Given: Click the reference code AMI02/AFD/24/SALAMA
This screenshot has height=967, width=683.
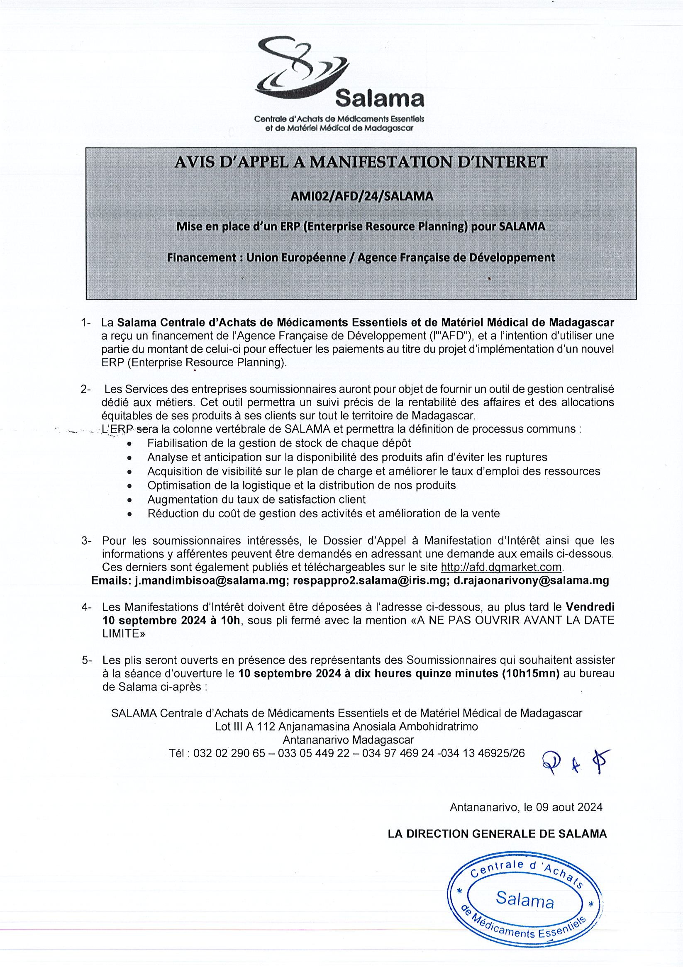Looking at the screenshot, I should click(x=362, y=196).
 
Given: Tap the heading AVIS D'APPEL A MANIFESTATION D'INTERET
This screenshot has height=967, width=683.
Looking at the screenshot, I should click(x=361, y=162).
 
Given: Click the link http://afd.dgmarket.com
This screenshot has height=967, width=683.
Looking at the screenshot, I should click(x=501, y=567).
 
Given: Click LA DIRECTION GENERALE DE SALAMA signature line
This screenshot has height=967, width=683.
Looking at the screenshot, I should click(x=497, y=833).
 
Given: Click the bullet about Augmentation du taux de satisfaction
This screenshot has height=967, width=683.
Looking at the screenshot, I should click(x=256, y=499).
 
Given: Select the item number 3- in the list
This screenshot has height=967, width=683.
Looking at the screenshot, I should click(x=86, y=541).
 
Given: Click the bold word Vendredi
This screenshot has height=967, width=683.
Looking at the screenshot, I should click(x=590, y=607).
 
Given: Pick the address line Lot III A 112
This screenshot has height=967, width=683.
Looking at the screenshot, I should click(x=346, y=726).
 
